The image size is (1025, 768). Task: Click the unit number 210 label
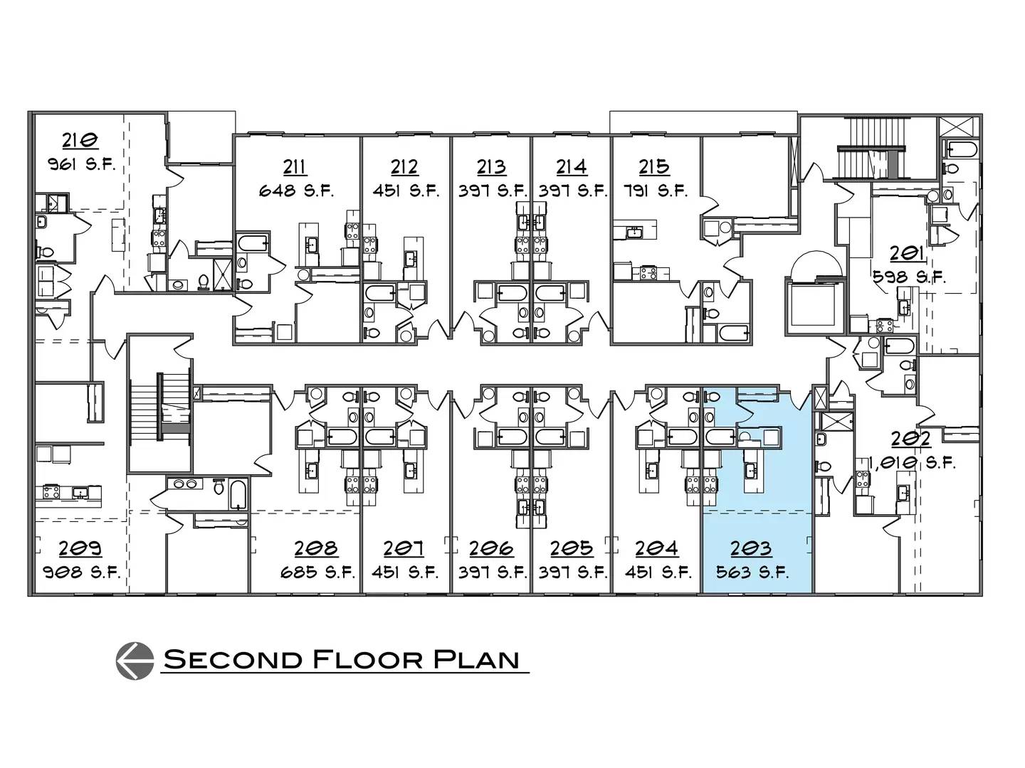(80, 140)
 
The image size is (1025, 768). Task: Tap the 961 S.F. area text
(81, 164)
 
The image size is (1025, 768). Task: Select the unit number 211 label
(295, 166)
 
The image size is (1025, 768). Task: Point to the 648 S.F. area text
(297, 191)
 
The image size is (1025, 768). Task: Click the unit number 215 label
(653, 166)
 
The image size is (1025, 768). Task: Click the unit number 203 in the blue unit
(751, 548)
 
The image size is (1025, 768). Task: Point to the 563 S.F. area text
(752, 572)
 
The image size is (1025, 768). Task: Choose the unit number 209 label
(80, 548)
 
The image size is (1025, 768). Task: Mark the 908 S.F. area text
(82, 572)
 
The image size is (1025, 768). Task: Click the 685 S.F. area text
(318, 572)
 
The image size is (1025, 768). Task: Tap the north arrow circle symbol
(135, 661)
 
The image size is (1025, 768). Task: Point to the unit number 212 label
(404, 166)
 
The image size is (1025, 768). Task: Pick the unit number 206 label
(491, 548)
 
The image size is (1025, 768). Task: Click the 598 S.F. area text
(909, 278)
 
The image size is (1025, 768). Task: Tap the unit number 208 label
(316, 548)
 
